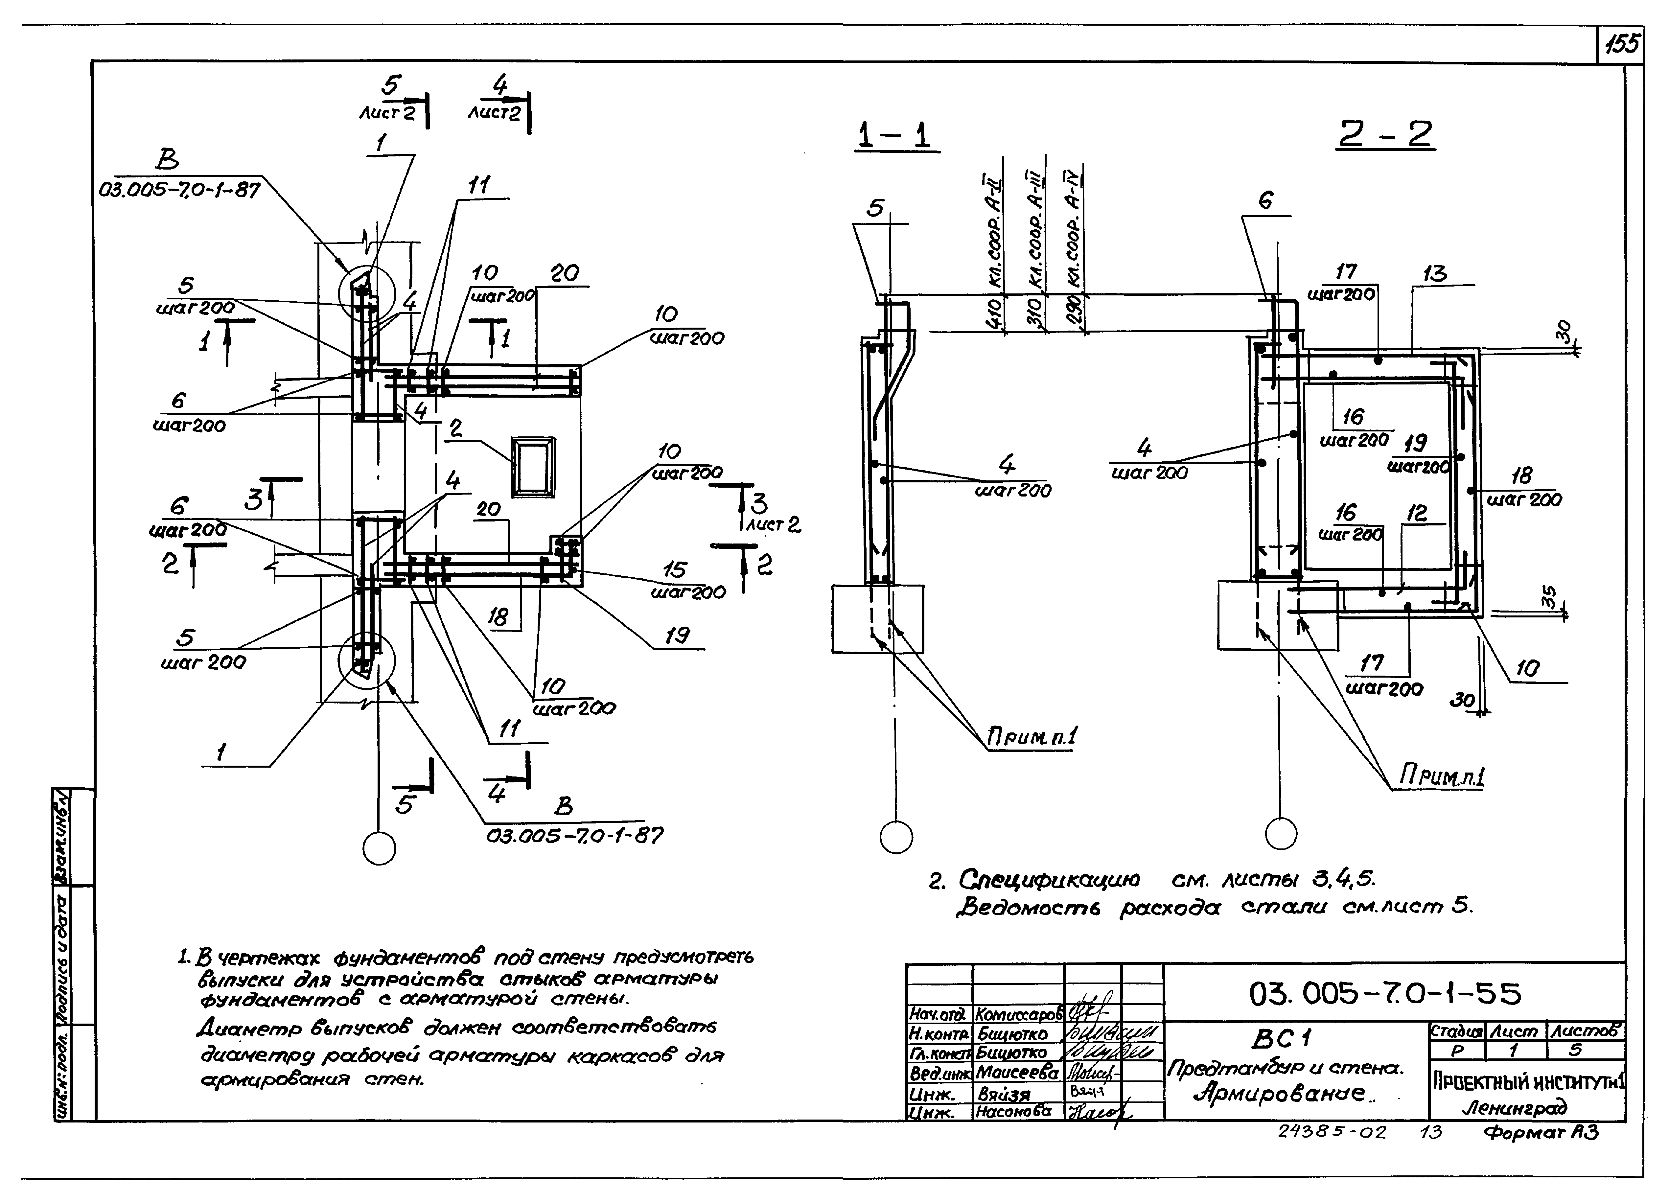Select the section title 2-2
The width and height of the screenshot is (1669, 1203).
tap(1385, 135)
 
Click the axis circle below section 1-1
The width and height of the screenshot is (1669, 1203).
tap(896, 837)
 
